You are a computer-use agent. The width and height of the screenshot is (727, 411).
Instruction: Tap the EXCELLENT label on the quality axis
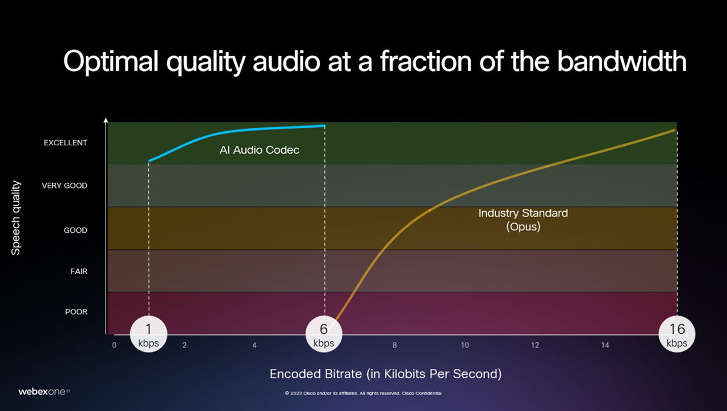(x=65, y=142)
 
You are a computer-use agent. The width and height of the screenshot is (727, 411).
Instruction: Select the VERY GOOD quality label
(x=65, y=186)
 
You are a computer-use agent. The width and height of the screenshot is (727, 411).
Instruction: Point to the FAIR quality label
(x=79, y=271)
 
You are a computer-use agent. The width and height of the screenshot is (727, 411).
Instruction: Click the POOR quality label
(x=76, y=312)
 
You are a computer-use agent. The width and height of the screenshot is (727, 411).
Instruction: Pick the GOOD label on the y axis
(x=76, y=230)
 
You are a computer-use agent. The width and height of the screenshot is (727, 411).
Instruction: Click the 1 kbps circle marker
(x=149, y=334)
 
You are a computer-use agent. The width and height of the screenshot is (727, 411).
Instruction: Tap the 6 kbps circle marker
(x=324, y=334)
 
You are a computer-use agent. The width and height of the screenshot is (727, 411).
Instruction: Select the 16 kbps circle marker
(x=677, y=334)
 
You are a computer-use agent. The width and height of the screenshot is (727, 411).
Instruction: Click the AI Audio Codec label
(x=260, y=150)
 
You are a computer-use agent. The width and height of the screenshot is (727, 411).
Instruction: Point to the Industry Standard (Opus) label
(x=523, y=220)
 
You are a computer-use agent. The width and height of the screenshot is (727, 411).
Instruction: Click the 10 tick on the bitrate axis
(x=465, y=345)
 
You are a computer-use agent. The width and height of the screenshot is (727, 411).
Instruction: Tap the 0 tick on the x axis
(x=114, y=345)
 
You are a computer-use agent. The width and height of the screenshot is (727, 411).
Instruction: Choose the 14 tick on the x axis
(x=605, y=345)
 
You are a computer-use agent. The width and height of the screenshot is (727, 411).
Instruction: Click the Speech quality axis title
(x=15, y=217)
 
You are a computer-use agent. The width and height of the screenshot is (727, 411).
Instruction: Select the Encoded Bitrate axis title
(x=386, y=374)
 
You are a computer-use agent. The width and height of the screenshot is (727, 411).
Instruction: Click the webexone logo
(x=44, y=392)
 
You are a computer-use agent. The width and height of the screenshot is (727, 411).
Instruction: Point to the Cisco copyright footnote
(x=363, y=393)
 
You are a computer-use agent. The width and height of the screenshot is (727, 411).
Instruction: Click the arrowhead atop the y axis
(x=106, y=120)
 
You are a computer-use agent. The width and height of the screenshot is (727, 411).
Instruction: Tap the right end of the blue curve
(x=324, y=125)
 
